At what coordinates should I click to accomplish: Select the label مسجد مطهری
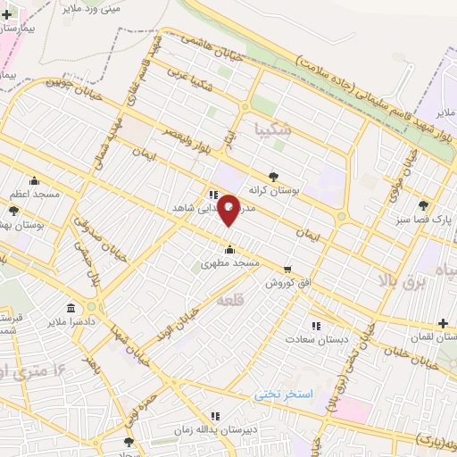pyautogui.click(x=229, y=263)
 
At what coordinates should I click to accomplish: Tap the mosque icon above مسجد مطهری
pyautogui.click(x=230, y=249)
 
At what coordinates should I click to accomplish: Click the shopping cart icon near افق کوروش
pyautogui.click(x=287, y=269)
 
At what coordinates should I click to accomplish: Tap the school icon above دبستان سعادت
pyautogui.click(x=314, y=325)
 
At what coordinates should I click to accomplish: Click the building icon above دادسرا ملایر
pyautogui.click(x=70, y=306)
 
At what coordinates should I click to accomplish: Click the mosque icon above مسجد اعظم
pyautogui.click(x=34, y=179)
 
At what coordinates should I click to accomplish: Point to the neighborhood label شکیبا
pyautogui.click(x=272, y=129)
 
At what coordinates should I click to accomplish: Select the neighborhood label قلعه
pyautogui.click(x=229, y=303)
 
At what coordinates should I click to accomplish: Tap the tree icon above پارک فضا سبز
pyautogui.click(x=422, y=204)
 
